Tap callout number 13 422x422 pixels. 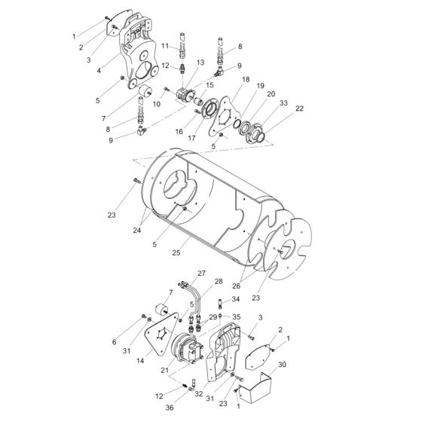coord(200,63)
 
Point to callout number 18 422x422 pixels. coord(246,79)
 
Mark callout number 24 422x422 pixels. coord(138,231)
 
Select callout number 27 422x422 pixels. coord(202,272)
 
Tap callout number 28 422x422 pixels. coord(219,281)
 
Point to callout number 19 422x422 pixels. coord(261,87)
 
